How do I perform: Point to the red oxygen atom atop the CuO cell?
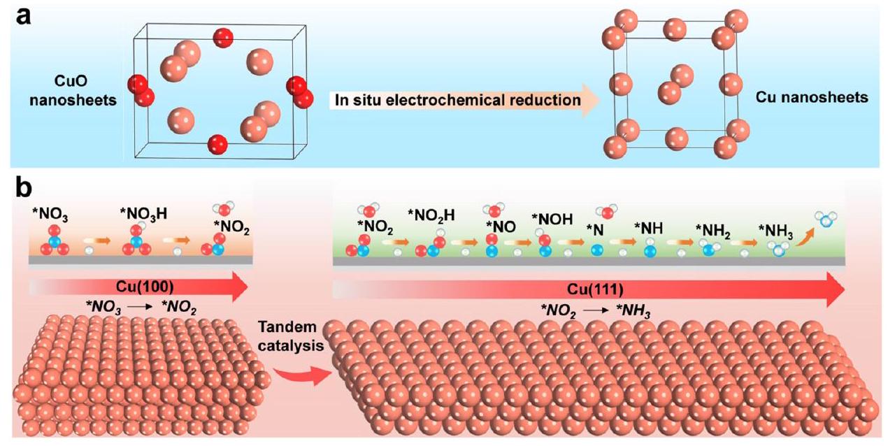click(x=223, y=36)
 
